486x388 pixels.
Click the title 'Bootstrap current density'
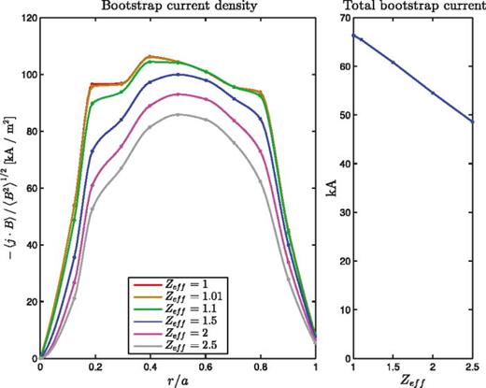178,7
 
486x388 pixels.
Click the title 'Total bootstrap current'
410,7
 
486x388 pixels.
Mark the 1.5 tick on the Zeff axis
393,367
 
